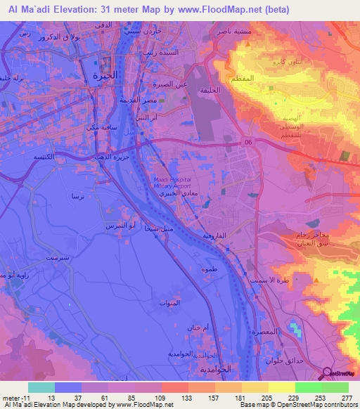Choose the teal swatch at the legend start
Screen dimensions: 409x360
(41, 387)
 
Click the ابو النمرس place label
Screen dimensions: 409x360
(116, 225)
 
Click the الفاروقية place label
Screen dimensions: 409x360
(216, 236)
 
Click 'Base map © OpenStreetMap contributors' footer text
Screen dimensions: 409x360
(297, 405)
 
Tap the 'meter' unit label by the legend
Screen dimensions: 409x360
(10, 397)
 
